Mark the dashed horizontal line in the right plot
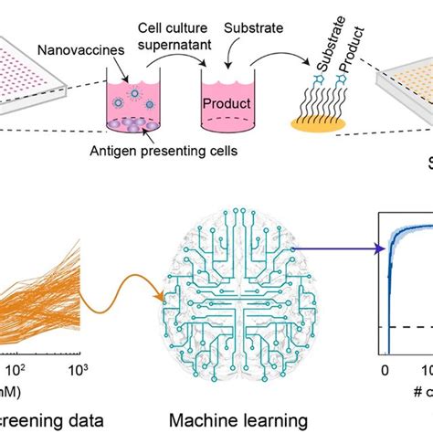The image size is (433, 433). coord(407,326)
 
